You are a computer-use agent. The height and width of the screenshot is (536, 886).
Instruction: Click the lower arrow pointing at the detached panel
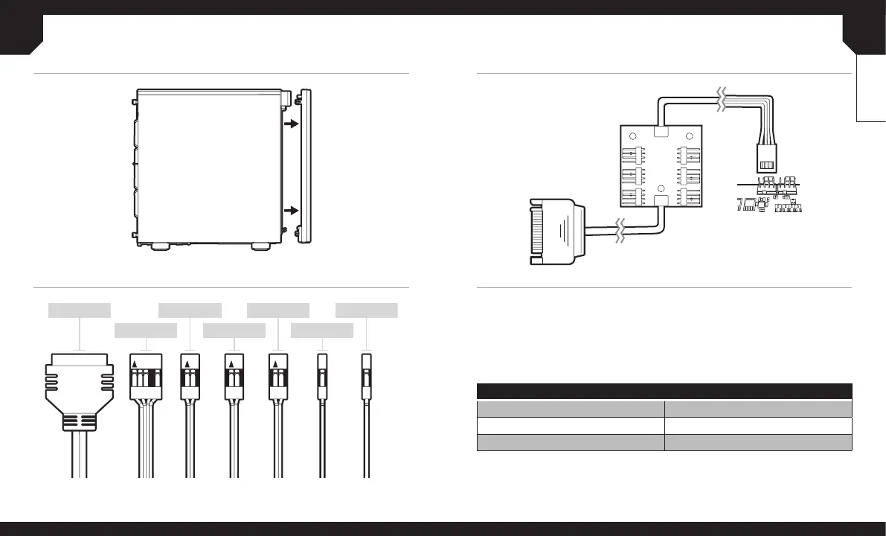(291, 210)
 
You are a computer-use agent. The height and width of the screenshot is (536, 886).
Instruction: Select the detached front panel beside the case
(305, 166)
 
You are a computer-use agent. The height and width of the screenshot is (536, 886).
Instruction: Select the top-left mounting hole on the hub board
(631, 137)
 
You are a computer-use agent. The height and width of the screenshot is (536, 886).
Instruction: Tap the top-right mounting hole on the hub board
(689, 137)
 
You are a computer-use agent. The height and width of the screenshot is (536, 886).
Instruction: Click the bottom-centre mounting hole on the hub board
(660, 188)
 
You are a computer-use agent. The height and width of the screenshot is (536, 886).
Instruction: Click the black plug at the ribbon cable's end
(766, 159)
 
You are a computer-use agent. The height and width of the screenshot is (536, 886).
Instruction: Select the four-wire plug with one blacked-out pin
(146, 375)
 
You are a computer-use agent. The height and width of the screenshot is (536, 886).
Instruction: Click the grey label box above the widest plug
(80, 310)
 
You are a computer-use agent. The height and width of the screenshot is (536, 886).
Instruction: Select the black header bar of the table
(664, 392)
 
